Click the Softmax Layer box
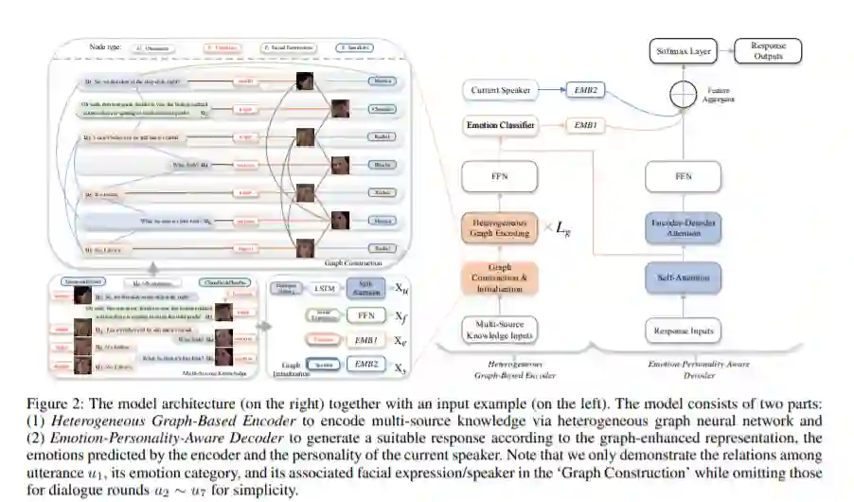pos(683,50)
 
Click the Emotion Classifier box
pos(501,124)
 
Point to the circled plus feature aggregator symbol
pos(683,92)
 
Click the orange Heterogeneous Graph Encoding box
pos(500,228)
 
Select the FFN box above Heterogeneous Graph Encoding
pos(500,176)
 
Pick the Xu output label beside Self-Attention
pos(401,289)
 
